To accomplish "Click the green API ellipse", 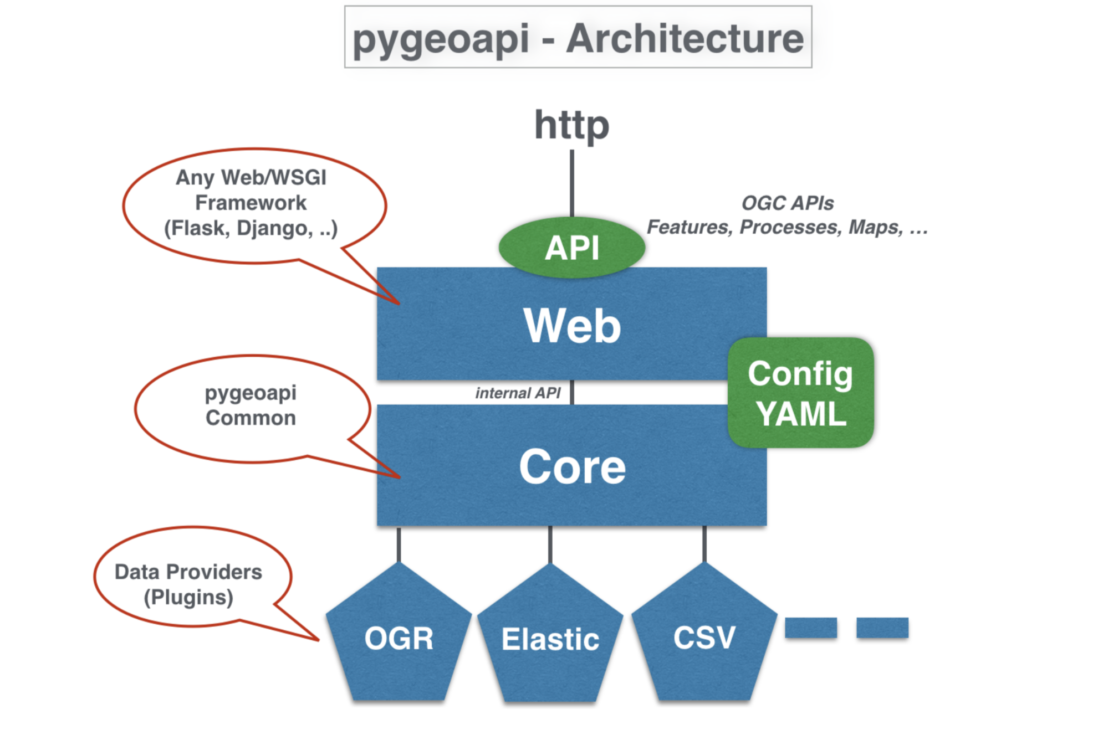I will [x=571, y=247].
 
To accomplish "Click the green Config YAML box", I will [x=801, y=393].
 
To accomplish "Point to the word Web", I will [x=572, y=326].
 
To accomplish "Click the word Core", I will [x=572, y=466].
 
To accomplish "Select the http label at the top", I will [x=571, y=125].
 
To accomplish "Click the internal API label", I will [x=518, y=393].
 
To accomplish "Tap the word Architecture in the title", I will [x=685, y=39].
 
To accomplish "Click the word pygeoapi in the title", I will [x=441, y=39].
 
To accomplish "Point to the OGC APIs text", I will [x=787, y=203].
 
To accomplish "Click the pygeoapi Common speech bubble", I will [x=251, y=407].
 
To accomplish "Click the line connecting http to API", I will [x=571, y=183].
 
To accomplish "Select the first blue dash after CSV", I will [x=810, y=628].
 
